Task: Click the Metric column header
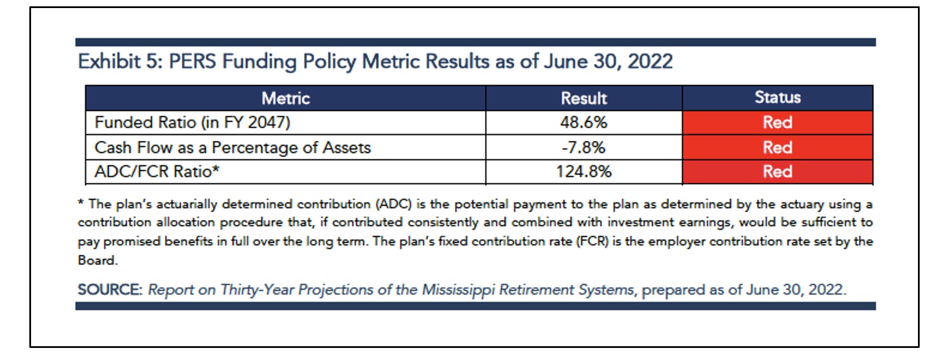[x=285, y=98]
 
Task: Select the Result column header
[x=584, y=98]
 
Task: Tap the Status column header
[x=777, y=98]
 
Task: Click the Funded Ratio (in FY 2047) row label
[x=192, y=122]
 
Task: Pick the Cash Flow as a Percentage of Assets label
[x=232, y=148]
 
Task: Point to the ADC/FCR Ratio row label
[x=156, y=172]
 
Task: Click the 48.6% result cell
[x=584, y=122]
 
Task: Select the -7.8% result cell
[x=584, y=148]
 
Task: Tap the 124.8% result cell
[x=584, y=172]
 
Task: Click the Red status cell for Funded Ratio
[x=777, y=122]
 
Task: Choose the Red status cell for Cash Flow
[x=777, y=148]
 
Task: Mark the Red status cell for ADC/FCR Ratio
[x=777, y=172]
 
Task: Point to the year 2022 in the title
[x=650, y=62]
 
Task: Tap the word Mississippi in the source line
[x=458, y=289]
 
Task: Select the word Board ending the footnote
[x=97, y=260]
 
